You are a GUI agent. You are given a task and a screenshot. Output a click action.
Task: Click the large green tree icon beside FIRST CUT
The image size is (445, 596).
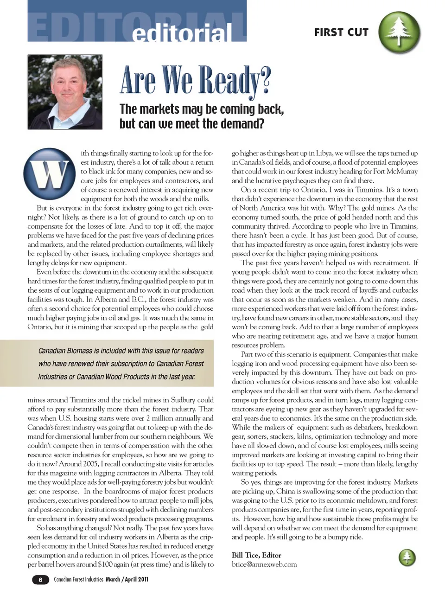(399, 32)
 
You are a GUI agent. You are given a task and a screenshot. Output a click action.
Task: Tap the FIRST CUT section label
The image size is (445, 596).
(341, 32)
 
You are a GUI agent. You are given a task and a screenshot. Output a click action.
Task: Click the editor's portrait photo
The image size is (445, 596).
(65, 92)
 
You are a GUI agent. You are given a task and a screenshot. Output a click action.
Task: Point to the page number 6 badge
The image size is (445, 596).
(40, 579)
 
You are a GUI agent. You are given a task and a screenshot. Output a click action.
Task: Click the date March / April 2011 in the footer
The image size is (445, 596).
(127, 579)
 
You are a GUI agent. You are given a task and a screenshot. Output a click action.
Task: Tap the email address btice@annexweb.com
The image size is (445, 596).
(264, 564)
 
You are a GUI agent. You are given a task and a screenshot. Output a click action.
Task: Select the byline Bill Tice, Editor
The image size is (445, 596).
(256, 555)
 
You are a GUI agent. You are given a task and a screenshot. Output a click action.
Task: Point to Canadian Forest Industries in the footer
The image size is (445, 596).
(78, 579)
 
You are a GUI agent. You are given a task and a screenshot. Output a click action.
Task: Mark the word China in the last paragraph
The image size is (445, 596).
(286, 491)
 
